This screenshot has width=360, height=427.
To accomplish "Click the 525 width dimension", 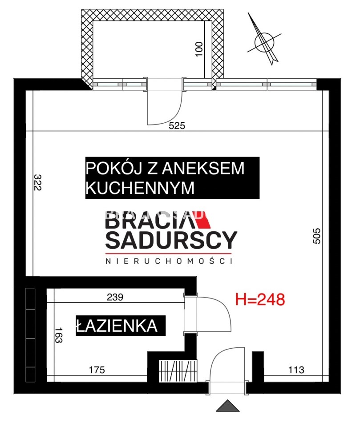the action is click(x=177, y=125).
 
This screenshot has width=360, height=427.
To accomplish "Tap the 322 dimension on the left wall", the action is click(x=37, y=182).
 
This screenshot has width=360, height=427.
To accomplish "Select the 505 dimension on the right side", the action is click(x=316, y=236).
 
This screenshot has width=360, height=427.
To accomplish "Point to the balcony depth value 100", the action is click(x=199, y=49).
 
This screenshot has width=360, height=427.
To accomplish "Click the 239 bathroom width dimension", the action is click(x=115, y=297).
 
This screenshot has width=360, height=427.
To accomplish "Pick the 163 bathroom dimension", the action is click(x=59, y=335).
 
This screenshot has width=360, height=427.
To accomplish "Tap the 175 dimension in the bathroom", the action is click(x=97, y=370).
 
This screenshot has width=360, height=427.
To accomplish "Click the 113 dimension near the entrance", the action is click(x=296, y=370).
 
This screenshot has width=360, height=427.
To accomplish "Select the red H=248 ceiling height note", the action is click(x=260, y=299).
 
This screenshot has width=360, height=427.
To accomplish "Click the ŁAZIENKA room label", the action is click(x=117, y=326).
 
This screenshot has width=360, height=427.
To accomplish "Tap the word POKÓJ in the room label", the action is click(x=114, y=168).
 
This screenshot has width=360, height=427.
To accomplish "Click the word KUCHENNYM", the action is click(x=140, y=188).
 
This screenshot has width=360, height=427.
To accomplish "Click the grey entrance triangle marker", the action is click(x=228, y=406).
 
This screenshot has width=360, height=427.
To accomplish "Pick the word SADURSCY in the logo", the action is click(x=171, y=240).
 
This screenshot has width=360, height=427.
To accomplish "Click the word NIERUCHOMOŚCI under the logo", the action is click(x=169, y=261).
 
